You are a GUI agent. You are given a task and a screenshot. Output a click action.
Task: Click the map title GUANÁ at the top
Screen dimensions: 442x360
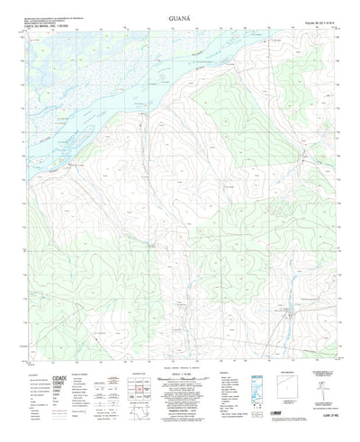[x=179, y=16]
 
